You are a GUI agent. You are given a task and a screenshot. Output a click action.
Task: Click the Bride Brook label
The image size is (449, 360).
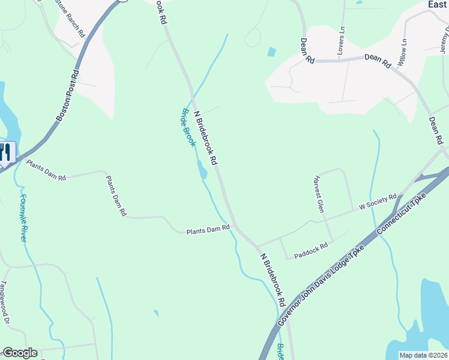tap(188, 128)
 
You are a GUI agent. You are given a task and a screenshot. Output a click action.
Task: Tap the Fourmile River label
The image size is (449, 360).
tap(23, 218)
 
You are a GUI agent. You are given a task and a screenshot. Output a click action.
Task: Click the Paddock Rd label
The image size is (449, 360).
tap(310, 251)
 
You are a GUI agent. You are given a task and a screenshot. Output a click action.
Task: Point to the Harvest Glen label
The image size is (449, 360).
tap(319, 194)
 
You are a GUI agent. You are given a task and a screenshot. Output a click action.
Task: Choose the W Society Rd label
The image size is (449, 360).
tap(378, 202)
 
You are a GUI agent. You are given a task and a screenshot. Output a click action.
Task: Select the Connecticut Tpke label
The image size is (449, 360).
tap(402, 213)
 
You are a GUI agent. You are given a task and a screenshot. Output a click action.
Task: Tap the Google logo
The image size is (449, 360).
tap(20, 353)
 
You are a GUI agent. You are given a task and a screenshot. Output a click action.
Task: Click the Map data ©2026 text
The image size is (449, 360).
tap(423, 355)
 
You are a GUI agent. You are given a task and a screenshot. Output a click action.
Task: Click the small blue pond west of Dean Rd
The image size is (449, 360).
tap(271, 52)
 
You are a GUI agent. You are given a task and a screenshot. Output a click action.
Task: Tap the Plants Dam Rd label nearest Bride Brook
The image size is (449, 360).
tap(208, 229)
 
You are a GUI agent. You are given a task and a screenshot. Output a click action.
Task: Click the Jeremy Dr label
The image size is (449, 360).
tap(444, 42)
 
